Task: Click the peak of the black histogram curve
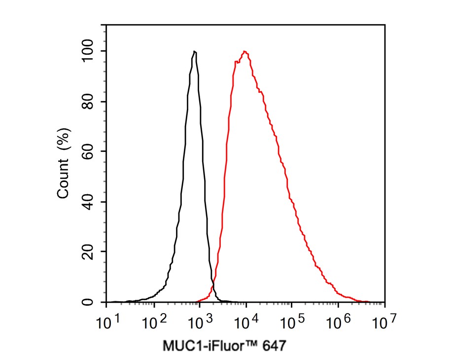195,51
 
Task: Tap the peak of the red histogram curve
244,51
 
